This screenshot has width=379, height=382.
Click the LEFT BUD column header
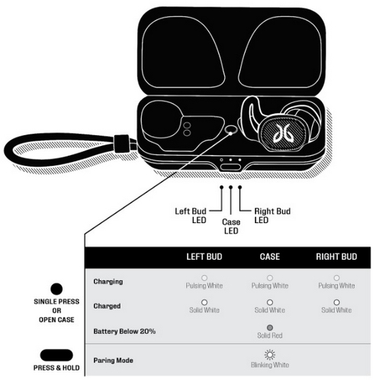tap(204, 257)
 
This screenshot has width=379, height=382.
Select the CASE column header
tap(270, 257)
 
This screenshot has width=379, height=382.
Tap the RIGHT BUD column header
tap(336, 257)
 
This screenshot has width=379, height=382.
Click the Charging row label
tap(108, 282)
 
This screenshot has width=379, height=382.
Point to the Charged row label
tap(107, 306)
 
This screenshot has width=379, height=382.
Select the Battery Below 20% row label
tap(124, 332)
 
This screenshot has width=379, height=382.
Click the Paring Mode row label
tap(113, 361)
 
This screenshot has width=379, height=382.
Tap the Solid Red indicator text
tap(270, 335)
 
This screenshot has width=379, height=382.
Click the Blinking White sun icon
tap(270, 354)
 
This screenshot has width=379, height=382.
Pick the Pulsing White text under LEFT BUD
tap(204, 286)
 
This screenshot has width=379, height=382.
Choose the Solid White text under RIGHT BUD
tap(336, 310)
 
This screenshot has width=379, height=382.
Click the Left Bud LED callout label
tap(191, 215)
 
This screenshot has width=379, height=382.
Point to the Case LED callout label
tap(231, 226)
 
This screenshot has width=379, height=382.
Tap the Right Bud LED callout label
tap(272, 215)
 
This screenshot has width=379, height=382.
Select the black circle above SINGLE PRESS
tap(56, 289)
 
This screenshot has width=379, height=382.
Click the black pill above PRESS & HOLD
tap(56, 355)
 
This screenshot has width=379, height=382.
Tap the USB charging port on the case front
tap(230, 167)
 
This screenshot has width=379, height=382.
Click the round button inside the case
tap(231, 130)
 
